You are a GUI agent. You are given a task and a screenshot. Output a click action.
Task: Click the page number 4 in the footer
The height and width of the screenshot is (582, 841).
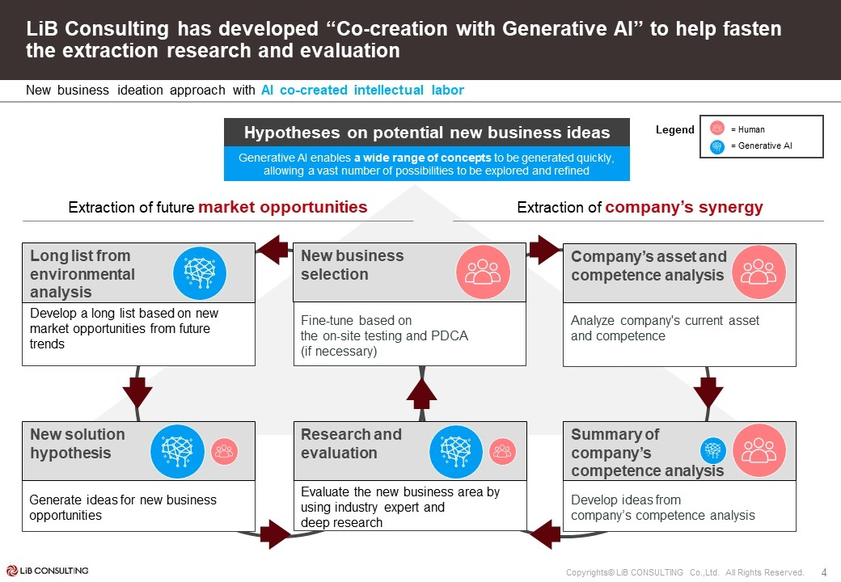click(824, 572)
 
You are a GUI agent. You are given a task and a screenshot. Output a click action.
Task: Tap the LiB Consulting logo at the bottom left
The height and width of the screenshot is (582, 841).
click(47, 571)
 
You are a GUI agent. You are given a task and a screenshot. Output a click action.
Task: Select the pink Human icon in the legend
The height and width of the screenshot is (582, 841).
click(716, 129)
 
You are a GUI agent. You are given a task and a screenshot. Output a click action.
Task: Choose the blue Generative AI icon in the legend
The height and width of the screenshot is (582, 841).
click(716, 146)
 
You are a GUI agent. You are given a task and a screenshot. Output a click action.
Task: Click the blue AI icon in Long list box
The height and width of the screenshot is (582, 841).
click(200, 273)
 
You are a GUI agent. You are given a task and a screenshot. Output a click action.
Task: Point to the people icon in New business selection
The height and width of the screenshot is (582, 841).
click(483, 272)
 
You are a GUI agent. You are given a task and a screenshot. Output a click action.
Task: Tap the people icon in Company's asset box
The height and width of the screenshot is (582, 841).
click(759, 272)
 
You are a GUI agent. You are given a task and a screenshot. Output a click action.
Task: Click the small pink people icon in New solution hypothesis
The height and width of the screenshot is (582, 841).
click(225, 451)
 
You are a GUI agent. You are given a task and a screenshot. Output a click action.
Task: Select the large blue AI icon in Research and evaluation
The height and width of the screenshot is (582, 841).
click(456, 451)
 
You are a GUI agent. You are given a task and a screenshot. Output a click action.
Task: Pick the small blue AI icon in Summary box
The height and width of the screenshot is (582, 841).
click(713, 450)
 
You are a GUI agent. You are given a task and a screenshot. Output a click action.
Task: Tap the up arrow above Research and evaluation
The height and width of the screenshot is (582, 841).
click(420, 394)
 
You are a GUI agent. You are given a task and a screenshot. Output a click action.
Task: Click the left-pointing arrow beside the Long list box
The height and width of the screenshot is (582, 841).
click(273, 249)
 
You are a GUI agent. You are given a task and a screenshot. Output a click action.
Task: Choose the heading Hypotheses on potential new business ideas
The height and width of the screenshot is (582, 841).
click(427, 133)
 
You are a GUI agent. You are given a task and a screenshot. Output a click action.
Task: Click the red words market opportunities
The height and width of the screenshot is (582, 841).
click(282, 207)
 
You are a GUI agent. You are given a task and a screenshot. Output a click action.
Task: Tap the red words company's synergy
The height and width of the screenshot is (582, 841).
click(684, 207)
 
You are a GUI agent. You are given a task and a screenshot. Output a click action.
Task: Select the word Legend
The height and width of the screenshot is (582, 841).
click(674, 129)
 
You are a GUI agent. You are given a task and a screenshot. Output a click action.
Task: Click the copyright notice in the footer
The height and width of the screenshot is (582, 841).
click(685, 572)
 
